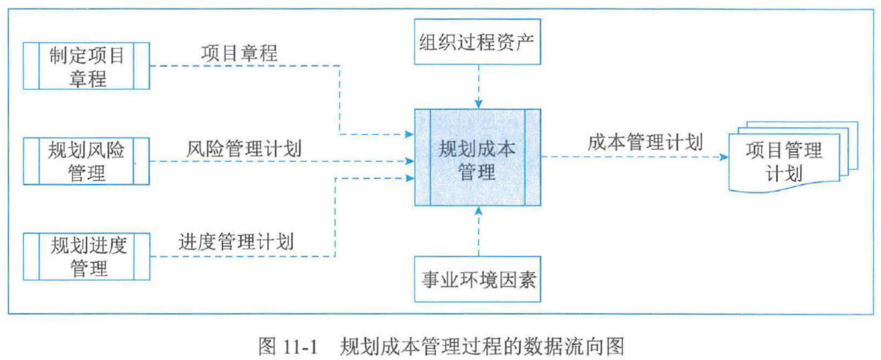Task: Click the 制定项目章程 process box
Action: (x=86, y=66)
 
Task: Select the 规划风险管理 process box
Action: (x=86, y=160)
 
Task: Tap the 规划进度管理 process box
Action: (x=86, y=256)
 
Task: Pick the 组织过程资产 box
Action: (x=478, y=42)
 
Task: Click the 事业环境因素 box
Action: (x=478, y=278)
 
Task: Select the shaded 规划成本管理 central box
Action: (x=478, y=157)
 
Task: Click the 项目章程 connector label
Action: (x=239, y=53)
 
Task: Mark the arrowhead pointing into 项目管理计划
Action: (x=724, y=157)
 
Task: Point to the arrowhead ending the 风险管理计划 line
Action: (x=410, y=160)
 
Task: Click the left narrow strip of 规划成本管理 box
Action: (x=422, y=157)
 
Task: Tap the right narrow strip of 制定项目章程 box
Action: (x=141, y=66)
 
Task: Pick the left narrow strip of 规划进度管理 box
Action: (x=31, y=256)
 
